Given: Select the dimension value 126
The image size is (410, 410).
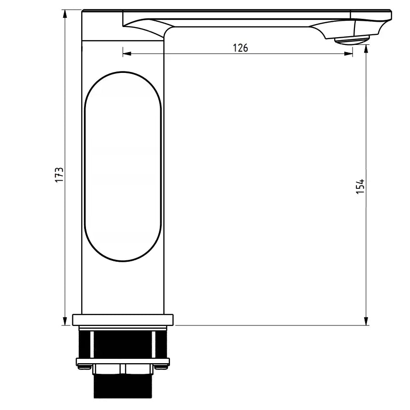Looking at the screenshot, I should [x=240, y=47].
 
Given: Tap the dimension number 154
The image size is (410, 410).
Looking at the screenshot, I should [x=360, y=186].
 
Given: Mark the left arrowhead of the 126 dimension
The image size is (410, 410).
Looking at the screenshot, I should [x=127, y=54].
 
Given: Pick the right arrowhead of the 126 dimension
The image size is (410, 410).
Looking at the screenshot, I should [x=348, y=54].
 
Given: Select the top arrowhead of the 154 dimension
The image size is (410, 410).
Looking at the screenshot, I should [x=367, y=49].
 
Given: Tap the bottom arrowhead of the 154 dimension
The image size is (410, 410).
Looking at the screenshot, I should [x=367, y=321].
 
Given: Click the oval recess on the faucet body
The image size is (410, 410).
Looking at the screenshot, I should [x=123, y=167].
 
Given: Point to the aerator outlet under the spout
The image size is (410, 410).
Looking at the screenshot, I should [x=351, y=40].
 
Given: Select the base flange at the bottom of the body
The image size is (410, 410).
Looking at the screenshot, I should [x=123, y=320].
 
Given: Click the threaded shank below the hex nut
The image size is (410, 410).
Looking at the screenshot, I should [x=122, y=386].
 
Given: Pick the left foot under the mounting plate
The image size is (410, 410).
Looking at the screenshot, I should [x=85, y=368].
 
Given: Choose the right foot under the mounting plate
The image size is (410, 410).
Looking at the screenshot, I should [x=162, y=368].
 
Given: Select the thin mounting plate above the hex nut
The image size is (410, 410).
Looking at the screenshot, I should [x=123, y=361].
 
